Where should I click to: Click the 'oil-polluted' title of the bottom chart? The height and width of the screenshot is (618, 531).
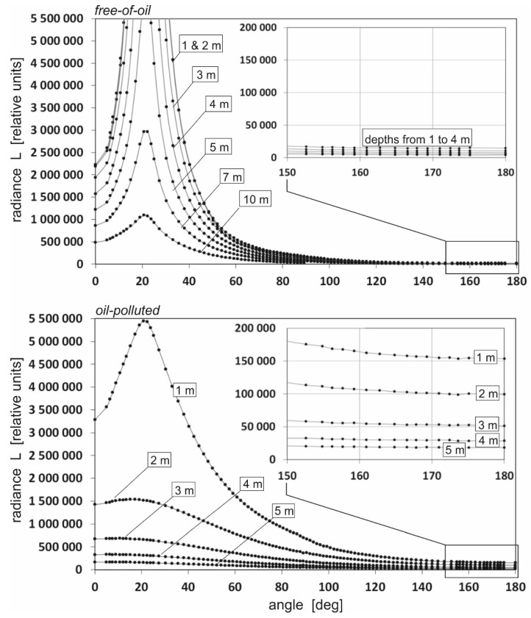124,310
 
